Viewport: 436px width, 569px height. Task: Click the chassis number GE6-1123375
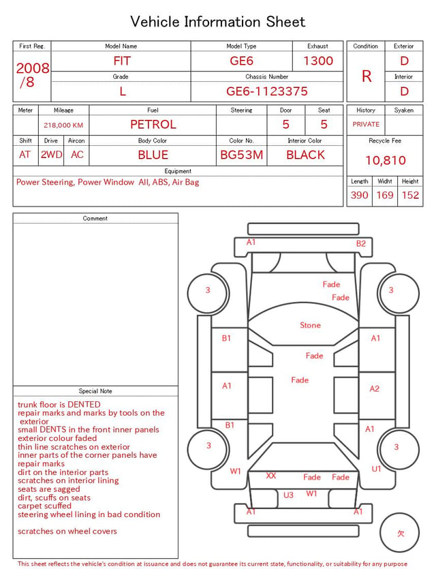[x=267, y=91]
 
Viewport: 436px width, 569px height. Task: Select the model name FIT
[x=122, y=61]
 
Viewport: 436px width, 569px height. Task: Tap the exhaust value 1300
[x=318, y=61]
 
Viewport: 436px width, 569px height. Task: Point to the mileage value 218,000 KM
[x=63, y=125]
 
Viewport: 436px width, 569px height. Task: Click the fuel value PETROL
[x=153, y=125]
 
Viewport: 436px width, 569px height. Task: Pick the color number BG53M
[x=242, y=155]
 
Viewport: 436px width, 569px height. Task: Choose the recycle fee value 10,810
[x=385, y=160]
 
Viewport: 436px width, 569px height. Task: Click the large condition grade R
[x=367, y=76]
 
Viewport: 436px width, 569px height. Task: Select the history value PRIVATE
[x=366, y=124]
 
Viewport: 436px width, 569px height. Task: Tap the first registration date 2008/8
[x=32, y=75]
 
